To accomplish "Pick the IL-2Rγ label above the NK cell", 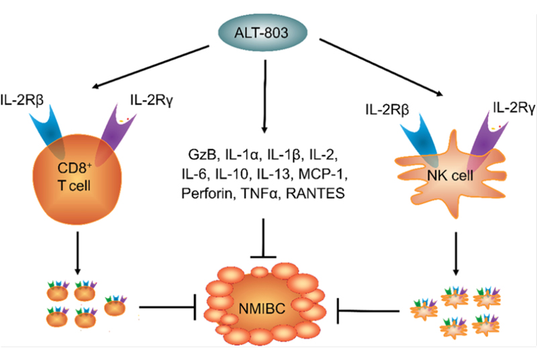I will coord(513,107).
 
